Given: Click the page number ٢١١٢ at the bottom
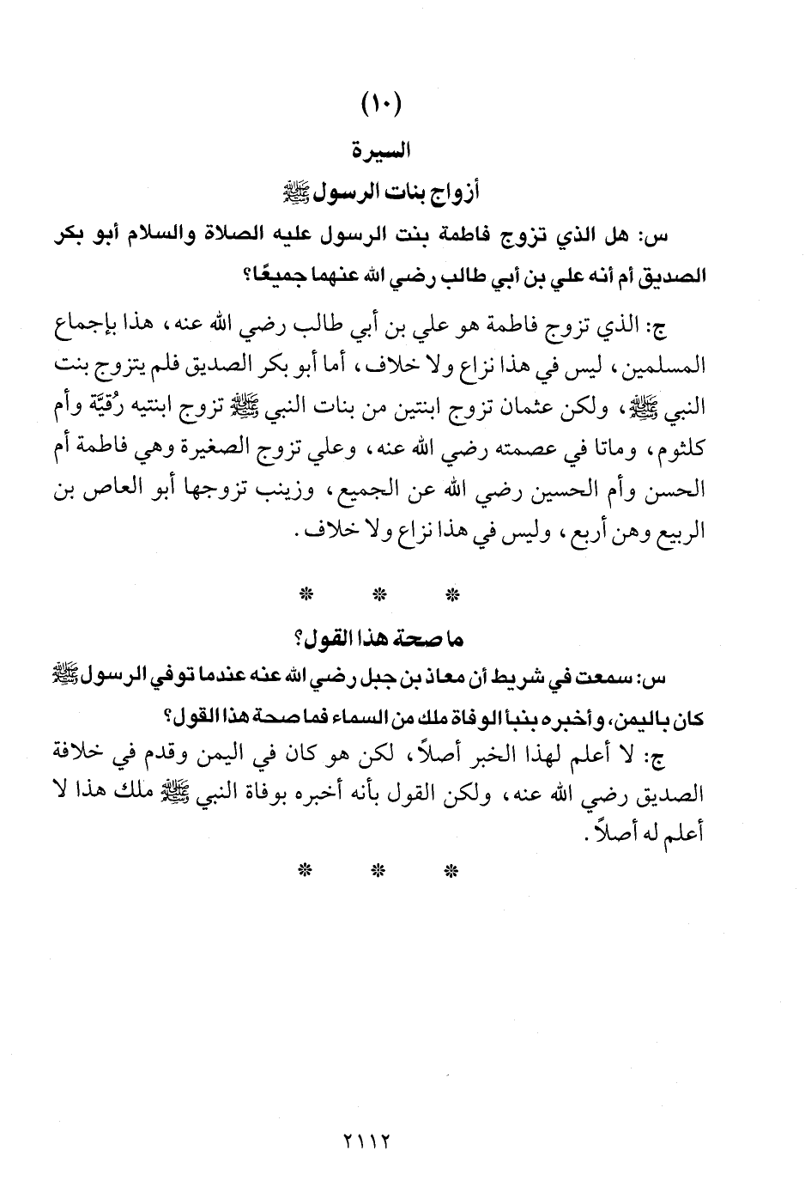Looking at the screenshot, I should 366,1141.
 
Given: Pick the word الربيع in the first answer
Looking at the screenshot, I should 679,532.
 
